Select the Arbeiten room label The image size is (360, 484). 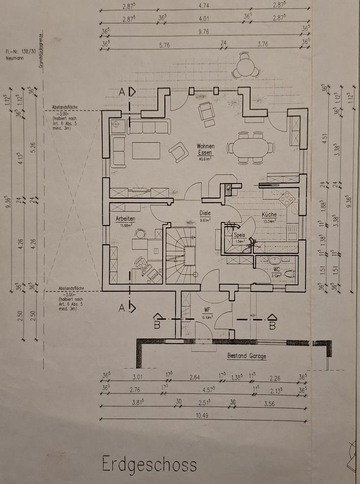click(125, 219)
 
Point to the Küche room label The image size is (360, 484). click(269, 214)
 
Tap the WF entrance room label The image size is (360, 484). click(207, 310)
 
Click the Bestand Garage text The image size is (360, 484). click(247, 356)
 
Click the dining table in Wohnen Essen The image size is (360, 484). click(251, 147)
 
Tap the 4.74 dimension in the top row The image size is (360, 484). click(204, 6)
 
